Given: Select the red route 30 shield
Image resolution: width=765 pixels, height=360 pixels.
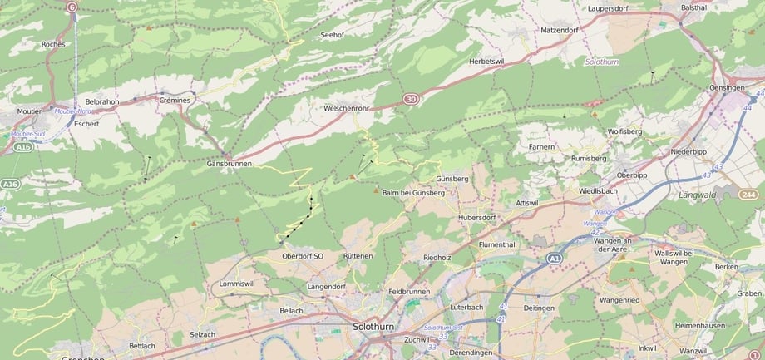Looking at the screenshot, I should (x=411, y=99).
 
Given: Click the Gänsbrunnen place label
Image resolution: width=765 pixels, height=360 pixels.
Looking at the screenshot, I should (x=229, y=164).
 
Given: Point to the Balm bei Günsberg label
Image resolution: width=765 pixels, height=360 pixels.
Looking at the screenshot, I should (x=413, y=192).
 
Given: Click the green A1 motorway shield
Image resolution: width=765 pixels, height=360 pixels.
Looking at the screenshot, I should (x=555, y=259).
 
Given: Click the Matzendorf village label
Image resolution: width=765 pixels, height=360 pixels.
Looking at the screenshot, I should (x=559, y=30).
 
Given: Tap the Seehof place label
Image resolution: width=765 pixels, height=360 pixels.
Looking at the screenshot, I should (x=332, y=35).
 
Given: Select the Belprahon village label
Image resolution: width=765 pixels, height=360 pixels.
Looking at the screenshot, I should (x=102, y=101).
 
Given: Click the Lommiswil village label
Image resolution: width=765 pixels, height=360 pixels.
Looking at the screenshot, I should (x=235, y=284).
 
